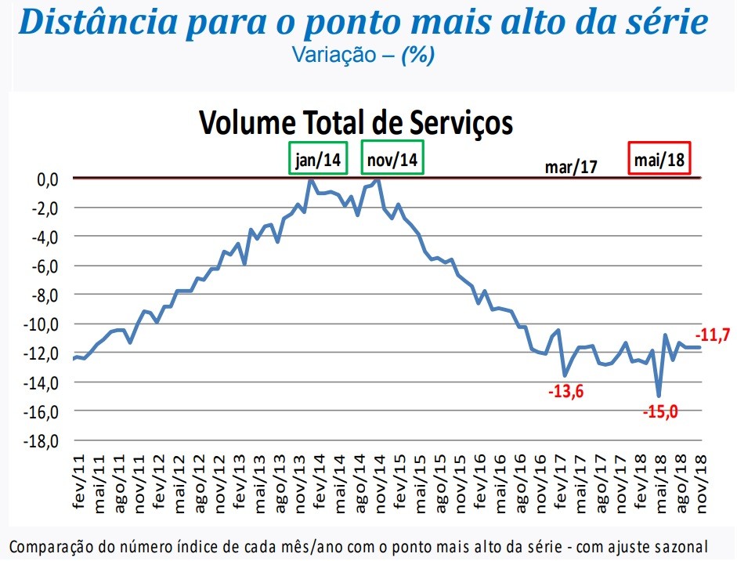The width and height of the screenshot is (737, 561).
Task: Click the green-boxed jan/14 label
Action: tap(319, 160)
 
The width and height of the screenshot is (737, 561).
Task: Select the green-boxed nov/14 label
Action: tap(392, 160)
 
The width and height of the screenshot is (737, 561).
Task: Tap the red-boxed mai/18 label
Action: tap(659, 160)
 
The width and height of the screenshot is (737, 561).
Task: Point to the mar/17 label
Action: tap(572, 166)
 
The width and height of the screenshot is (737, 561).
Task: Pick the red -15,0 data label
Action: tap(659, 411)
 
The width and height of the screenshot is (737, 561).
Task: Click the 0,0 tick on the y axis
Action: tap(48, 179)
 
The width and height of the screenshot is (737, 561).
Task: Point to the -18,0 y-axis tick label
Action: tap(44, 440)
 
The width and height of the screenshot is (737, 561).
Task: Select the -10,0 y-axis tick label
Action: tap(44, 324)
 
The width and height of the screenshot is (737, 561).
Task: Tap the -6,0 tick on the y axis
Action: tap(45, 266)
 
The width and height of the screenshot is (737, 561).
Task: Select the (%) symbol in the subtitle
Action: tap(417, 56)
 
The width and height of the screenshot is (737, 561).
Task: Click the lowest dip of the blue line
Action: tap(659, 396)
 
